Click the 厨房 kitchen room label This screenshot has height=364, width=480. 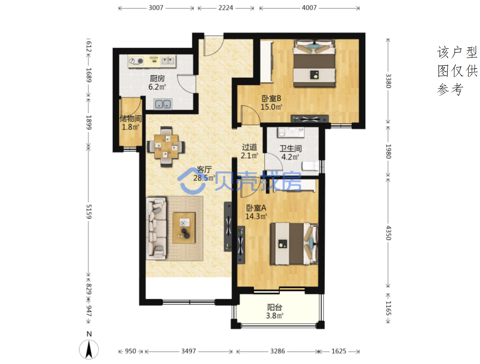click(157, 78)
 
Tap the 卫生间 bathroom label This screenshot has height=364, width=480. click(290, 148)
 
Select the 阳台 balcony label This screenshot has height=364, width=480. click(274, 307)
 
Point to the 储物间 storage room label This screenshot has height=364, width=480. click(131, 118)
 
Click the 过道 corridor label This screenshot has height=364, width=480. click(249, 147)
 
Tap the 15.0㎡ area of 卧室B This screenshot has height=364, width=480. click(271, 107)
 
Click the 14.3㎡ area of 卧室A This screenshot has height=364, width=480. click(256, 216)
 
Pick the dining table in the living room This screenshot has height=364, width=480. click(166, 147)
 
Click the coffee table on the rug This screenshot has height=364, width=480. click(184, 228)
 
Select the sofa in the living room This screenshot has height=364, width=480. click(156, 228)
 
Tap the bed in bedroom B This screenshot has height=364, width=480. click(314, 63)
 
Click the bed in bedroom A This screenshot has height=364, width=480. click(294, 244)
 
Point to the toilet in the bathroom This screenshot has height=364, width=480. click(310, 166)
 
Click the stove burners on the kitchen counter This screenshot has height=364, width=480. click(136, 61)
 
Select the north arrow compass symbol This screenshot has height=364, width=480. click(89, 349)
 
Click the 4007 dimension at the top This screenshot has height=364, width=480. click(309, 8)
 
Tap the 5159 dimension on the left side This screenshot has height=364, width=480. click(89, 212)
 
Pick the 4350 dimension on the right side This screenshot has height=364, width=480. click(388, 233)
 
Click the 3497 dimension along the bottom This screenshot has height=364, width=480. click(188, 351)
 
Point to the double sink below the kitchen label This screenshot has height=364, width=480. click(163, 104)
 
